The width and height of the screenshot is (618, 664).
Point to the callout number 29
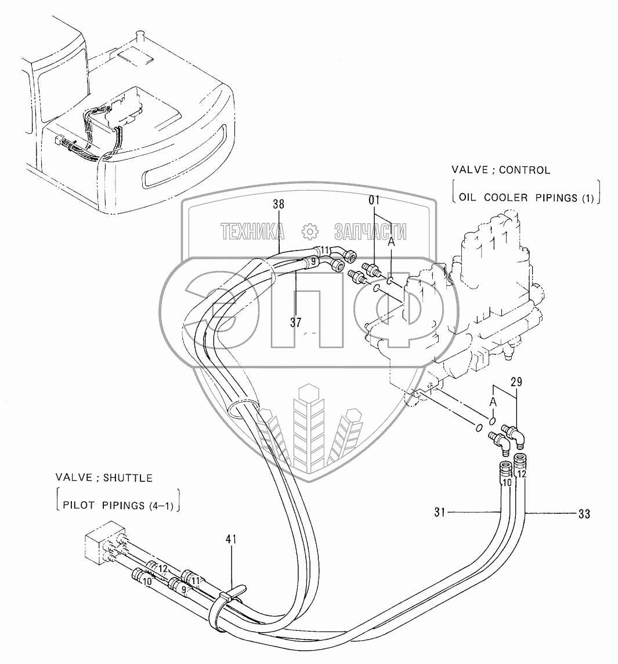(x=516, y=381)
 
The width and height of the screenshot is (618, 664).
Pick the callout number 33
(x=584, y=513)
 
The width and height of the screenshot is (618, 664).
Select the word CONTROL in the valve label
(x=523, y=170)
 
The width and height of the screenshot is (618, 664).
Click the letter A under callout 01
(x=391, y=244)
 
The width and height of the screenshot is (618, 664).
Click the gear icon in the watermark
(x=310, y=232)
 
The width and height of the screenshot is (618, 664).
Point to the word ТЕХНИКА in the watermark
(x=252, y=232)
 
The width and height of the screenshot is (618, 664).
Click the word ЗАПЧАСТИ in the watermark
(x=370, y=232)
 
